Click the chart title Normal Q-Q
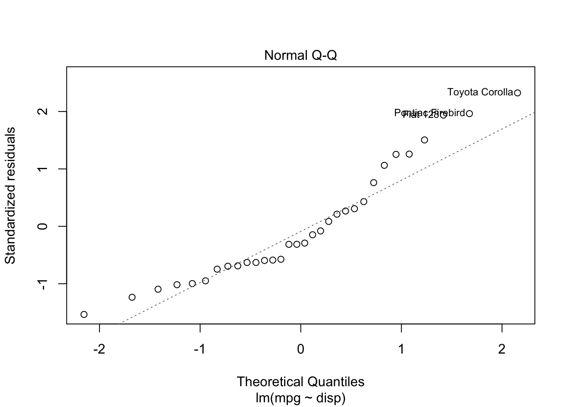(301, 56)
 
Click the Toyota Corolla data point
(517, 92)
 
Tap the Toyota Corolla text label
(480, 92)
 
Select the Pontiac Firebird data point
(469, 114)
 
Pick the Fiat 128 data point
(443, 115)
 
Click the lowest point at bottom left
(84, 314)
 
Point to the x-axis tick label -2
(99, 350)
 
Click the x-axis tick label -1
(200, 350)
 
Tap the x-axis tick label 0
(301, 350)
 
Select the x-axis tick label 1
(401, 350)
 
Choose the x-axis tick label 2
(502, 350)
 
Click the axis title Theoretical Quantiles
(301, 382)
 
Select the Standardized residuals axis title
(10, 195)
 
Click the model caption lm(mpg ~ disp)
(301, 398)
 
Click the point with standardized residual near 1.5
(425, 140)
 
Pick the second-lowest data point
(132, 297)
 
